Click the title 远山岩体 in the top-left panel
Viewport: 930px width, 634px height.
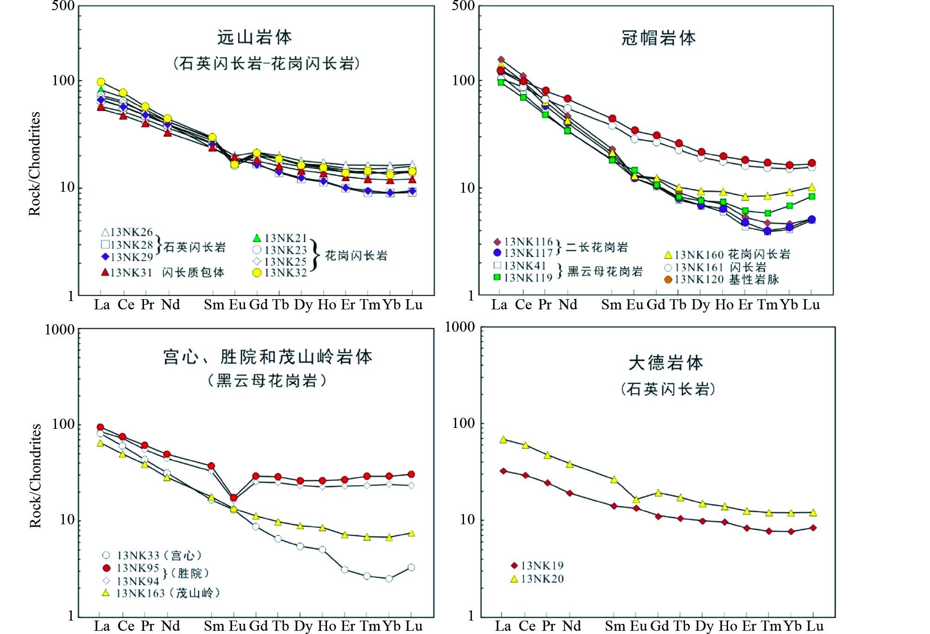(x=254, y=38)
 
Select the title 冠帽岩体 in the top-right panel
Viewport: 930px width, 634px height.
(x=658, y=38)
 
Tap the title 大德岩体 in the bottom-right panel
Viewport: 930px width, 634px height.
(x=666, y=363)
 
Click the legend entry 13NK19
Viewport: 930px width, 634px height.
(x=542, y=565)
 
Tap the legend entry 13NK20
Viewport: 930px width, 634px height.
(x=542, y=579)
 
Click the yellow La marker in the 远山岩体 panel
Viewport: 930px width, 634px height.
(x=101, y=82)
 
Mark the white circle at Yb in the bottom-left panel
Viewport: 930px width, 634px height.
(x=389, y=578)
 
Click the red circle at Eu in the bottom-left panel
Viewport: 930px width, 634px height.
(x=234, y=498)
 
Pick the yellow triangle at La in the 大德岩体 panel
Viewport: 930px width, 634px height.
(x=503, y=439)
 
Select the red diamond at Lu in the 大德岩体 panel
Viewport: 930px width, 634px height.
(x=813, y=527)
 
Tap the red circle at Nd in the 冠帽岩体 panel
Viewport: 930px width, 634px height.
(x=567, y=99)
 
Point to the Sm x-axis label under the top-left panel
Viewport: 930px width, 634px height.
(x=214, y=305)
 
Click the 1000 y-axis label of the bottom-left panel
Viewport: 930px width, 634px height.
(x=60, y=330)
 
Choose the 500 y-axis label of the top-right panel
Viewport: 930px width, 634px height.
(x=463, y=6)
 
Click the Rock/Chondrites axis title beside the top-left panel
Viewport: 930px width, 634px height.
(x=35, y=164)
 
